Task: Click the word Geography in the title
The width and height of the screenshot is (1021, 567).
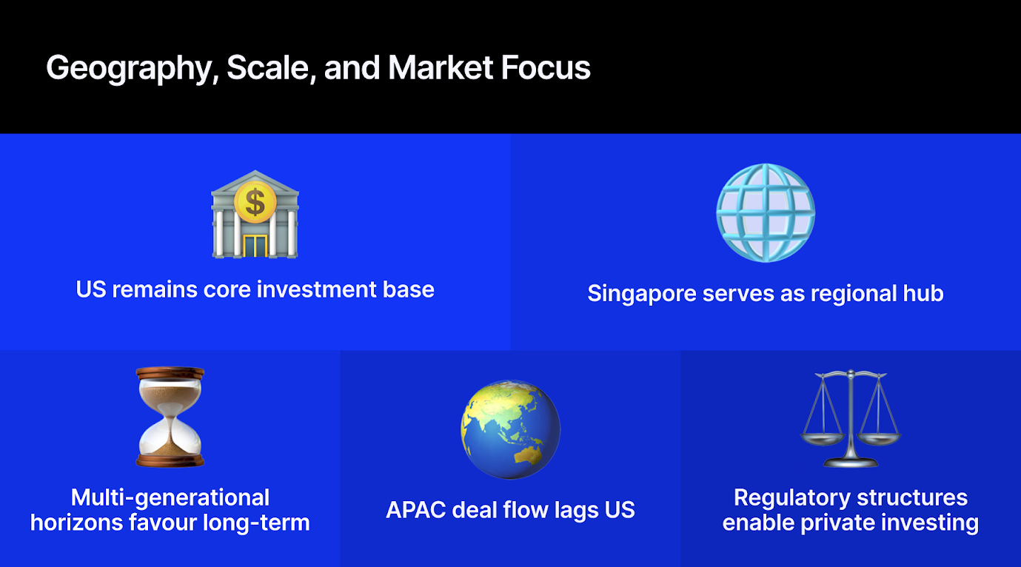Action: click(x=130, y=68)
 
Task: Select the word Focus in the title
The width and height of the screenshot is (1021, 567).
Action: click(x=546, y=67)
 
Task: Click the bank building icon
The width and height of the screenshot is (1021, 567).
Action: click(x=255, y=214)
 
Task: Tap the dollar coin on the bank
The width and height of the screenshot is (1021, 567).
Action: click(x=255, y=202)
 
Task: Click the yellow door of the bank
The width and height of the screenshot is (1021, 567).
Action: click(x=255, y=246)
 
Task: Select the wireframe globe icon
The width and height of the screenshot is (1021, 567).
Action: click(x=766, y=213)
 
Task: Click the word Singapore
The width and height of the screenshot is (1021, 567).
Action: click(x=642, y=294)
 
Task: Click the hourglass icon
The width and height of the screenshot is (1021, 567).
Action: click(x=170, y=417)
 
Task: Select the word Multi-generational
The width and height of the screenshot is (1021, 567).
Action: click(x=170, y=497)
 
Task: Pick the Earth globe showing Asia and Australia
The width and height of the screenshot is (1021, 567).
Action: click(x=510, y=429)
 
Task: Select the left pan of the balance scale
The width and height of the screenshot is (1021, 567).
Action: click(x=823, y=440)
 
